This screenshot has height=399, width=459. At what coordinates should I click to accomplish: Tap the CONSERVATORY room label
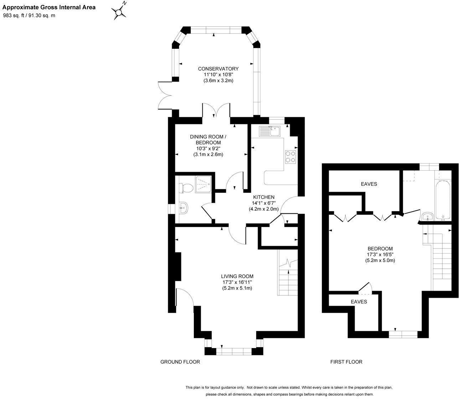coord(218,69)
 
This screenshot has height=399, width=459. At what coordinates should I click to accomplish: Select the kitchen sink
coord(269,131)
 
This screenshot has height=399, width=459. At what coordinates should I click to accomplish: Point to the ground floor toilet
coord(186,188)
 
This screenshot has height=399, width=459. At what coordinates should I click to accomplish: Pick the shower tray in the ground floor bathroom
coord(203,185)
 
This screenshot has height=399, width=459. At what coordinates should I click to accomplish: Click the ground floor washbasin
coord(183,208)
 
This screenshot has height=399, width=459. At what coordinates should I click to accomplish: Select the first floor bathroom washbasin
coord(428,217)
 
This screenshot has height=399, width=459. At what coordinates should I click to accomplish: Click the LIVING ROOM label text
coord(237,276)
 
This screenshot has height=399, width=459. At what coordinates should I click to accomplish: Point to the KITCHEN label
coord(264,197)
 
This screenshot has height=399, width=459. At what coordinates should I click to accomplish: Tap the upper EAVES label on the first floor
coord(369,184)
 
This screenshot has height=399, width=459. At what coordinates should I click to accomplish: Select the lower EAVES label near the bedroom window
coord(359,302)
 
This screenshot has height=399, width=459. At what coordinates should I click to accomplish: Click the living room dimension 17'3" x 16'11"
coord(237,282)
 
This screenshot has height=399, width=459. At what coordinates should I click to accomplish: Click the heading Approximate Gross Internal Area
coord(49,7)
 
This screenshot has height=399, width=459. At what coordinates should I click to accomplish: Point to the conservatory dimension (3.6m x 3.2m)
coord(218,81)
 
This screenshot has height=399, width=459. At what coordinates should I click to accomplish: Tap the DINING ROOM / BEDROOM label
coord(208,140)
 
